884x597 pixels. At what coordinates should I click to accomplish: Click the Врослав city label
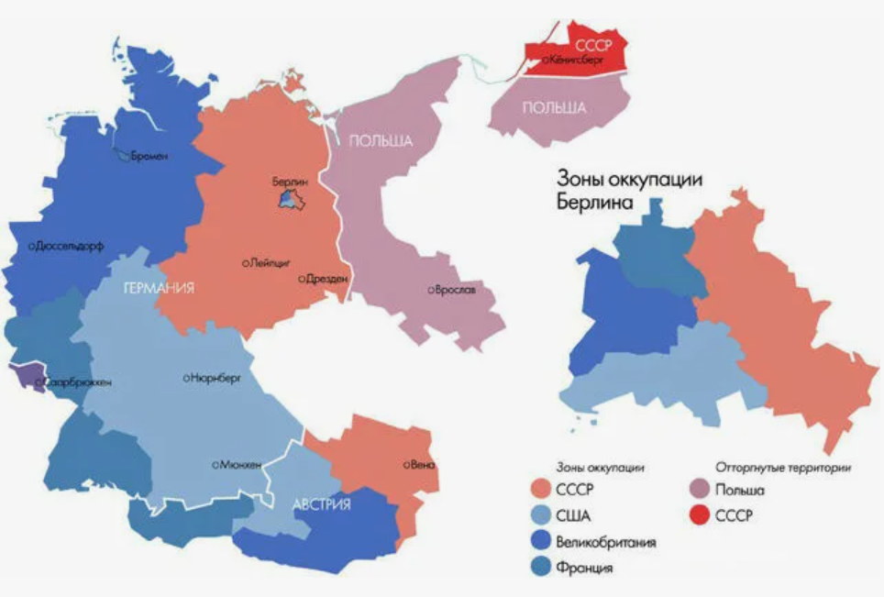pyautogui.click(x=454, y=291)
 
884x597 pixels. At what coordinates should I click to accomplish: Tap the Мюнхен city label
pyautogui.click(x=239, y=465)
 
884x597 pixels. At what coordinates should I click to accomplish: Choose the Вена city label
pyautogui.click(x=423, y=465)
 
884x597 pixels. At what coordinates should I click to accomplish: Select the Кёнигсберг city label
pyautogui.click(x=578, y=60)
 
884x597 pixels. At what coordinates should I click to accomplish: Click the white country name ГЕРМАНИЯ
pyautogui.click(x=160, y=288)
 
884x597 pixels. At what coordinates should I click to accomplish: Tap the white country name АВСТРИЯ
pyautogui.click(x=322, y=505)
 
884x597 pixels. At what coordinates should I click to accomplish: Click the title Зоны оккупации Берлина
pyautogui.click(x=629, y=192)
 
